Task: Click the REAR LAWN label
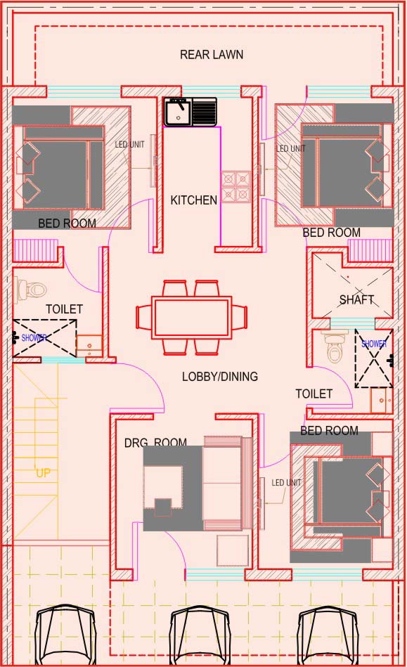point(212,54)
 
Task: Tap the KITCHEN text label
point(193,200)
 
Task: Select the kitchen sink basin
point(179,112)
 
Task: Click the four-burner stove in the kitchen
point(235,186)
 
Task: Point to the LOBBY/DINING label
point(219,377)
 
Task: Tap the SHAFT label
point(356,300)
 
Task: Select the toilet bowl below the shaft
point(335,347)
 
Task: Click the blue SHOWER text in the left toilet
point(34,338)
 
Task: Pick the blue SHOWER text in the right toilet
point(374,343)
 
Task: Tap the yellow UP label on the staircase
point(43,472)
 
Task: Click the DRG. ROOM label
point(155,442)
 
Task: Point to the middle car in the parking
point(200,636)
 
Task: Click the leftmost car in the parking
point(65,636)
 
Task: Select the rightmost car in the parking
point(327,636)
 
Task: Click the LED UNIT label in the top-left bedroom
point(129,145)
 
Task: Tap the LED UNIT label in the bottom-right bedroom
point(286,482)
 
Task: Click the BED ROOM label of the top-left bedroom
point(67,223)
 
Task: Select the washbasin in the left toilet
point(89,346)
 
